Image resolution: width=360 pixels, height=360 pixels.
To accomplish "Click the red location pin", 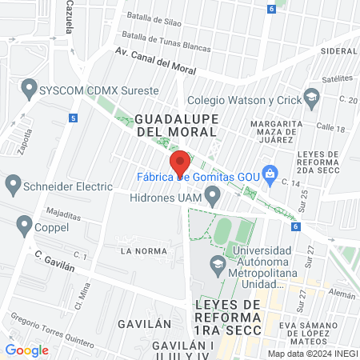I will (181, 162).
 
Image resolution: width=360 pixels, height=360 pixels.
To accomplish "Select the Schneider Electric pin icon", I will (13, 186).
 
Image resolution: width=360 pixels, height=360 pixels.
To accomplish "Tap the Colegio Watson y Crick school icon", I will (310, 99).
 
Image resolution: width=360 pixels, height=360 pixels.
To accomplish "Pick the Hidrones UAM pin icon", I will (212, 194).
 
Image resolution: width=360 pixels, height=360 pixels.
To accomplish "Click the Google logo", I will (26, 350).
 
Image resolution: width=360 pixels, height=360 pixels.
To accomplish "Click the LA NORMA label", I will (143, 250).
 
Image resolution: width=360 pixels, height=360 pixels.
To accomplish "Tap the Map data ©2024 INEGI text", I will (312, 353).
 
